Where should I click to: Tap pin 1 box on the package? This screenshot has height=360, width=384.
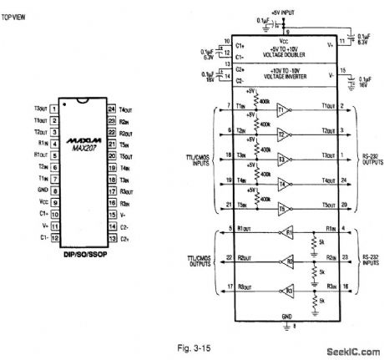[53, 109]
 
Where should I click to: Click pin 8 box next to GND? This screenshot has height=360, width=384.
[53, 190]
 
